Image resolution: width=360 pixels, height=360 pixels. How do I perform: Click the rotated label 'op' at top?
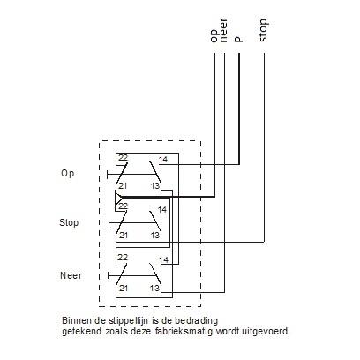(214, 35)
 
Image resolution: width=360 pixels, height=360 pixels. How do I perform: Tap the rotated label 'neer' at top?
(226, 34)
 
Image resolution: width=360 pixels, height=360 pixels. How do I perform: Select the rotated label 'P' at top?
(238, 39)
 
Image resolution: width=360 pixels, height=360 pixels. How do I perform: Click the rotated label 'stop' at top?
(264, 34)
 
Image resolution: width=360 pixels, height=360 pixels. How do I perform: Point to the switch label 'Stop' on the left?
(69, 222)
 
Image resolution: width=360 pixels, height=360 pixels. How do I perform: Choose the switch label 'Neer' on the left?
(71, 275)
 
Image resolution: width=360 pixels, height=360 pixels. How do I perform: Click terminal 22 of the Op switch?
(123, 158)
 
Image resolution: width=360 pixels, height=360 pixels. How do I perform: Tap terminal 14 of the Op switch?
(162, 159)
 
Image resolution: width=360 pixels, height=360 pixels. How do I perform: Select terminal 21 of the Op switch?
(123, 186)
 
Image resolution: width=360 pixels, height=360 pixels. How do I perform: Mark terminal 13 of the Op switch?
(154, 186)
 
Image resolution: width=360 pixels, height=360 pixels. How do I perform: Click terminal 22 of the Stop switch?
(123, 206)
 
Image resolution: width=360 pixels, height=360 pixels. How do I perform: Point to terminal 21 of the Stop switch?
(123, 235)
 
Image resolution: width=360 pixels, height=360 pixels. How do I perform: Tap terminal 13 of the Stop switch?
(154, 235)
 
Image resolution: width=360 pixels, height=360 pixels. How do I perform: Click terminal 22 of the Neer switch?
(123, 257)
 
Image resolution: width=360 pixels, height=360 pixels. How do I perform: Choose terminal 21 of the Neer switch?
(123, 288)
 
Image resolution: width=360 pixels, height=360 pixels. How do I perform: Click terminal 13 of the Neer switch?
(154, 288)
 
